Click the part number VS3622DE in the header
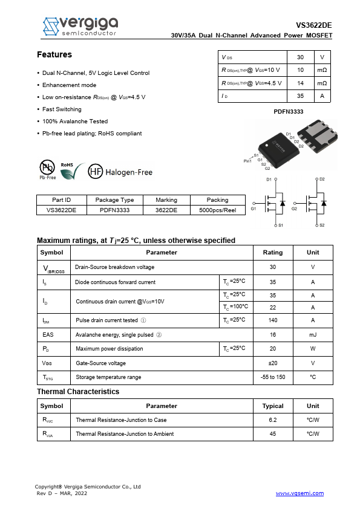tap(313, 25)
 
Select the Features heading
tap(54, 55)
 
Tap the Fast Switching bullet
tap(62, 109)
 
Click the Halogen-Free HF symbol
tap(96, 172)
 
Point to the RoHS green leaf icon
tap(68, 172)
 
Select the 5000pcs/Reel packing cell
tap(217, 210)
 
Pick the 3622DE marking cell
tap(166, 210)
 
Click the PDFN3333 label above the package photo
tap(289, 112)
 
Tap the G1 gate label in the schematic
tap(254, 209)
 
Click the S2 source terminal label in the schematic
tap(322, 225)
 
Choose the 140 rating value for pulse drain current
tap(272, 320)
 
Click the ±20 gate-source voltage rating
tap(272, 363)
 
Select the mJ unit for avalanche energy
tap(313, 335)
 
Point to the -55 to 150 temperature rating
tap(272, 377)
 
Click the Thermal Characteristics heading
tap(78, 392)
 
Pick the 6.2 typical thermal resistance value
tap(272, 420)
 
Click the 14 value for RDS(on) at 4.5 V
tap(300, 83)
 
